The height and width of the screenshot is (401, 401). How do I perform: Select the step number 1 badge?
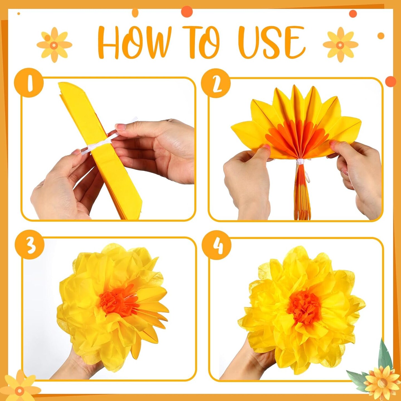point(29,82)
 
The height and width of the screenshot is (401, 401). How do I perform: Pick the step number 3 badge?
point(30,245)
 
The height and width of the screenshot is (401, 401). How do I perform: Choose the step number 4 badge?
point(217,245)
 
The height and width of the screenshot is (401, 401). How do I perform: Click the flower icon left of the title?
point(54,45)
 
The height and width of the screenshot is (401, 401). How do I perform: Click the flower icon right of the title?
point(341,45)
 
